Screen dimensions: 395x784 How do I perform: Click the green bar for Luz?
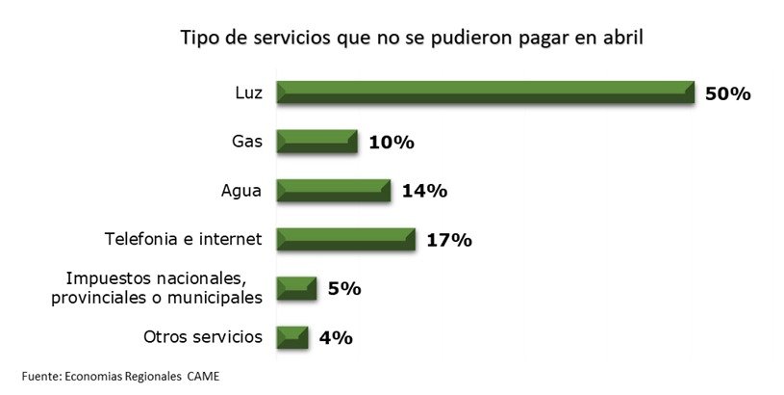pos(486,92)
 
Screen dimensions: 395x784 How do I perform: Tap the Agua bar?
pos(334,191)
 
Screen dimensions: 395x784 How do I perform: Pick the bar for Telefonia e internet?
pos(345,239)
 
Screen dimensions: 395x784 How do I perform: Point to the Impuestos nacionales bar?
pos(296,288)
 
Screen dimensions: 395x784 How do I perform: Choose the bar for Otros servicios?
pos(292,337)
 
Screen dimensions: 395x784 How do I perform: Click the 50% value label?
pos(727,93)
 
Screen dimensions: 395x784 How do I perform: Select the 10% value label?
pos(391,143)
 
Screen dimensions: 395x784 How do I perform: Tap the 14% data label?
pos(424,191)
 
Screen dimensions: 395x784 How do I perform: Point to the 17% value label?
pos(448,240)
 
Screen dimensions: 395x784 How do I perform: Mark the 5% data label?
pos(343,288)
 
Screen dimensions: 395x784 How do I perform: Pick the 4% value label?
pos(337,337)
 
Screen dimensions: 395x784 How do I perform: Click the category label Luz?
pos(248,92)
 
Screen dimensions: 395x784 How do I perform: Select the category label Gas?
pos(246,142)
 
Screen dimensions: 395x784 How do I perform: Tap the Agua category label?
pos(241,190)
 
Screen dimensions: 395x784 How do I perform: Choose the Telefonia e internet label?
pos(183,239)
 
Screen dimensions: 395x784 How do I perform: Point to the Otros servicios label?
pos(202,336)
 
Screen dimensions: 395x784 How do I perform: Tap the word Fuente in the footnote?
pos(41,375)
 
